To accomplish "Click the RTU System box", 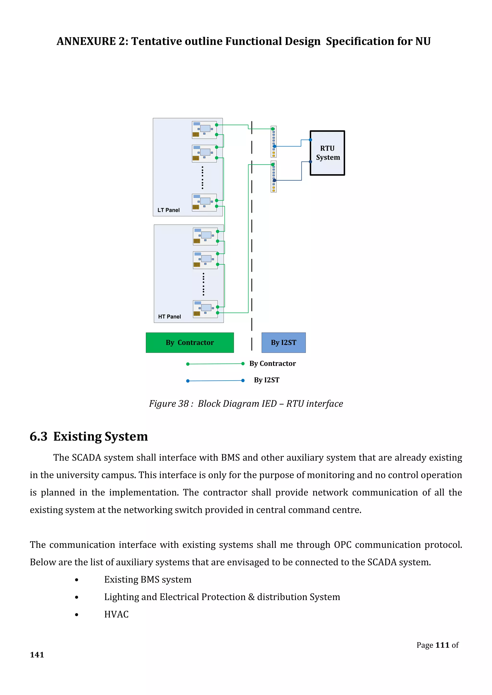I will pyautogui.click(x=327, y=153).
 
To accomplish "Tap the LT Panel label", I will pyautogui.click(x=168, y=210).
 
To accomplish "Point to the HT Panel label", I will pyautogui.click(x=169, y=317).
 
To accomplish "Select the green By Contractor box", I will pyautogui.click(x=190, y=343).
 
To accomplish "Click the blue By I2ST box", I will pyautogui.click(x=283, y=343).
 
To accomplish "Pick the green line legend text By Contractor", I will pyautogui.click(x=272, y=364).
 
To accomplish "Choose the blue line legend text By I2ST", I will pyautogui.click(x=267, y=380).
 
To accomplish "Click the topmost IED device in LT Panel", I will pyautogui.click(x=204, y=130).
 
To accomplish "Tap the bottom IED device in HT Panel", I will pyautogui.click(x=205, y=309).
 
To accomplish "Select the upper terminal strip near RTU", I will pyautogui.click(x=274, y=142).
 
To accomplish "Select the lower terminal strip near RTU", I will pyautogui.click(x=274, y=176).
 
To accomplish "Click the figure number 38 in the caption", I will pyautogui.click(x=184, y=404).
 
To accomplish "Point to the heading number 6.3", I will pyautogui.click(x=38, y=437).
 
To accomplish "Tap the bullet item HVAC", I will pyautogui.click(x=116, y=614).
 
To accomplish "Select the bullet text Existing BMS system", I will pyautogui.click(x=148, y=580).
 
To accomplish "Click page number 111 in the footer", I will pyautogui.click(x=442, y=645).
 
